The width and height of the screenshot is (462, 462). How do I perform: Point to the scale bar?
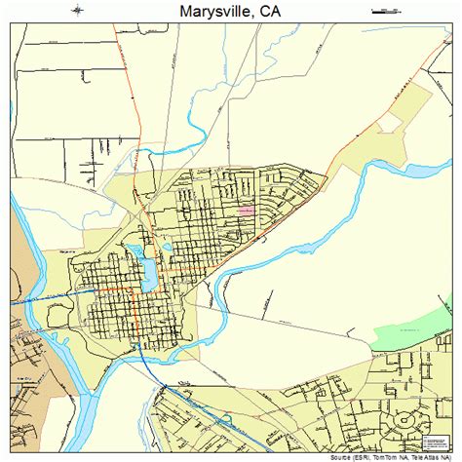386,11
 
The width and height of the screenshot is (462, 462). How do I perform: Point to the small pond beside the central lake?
167,248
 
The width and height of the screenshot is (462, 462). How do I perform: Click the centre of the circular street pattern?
402,422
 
